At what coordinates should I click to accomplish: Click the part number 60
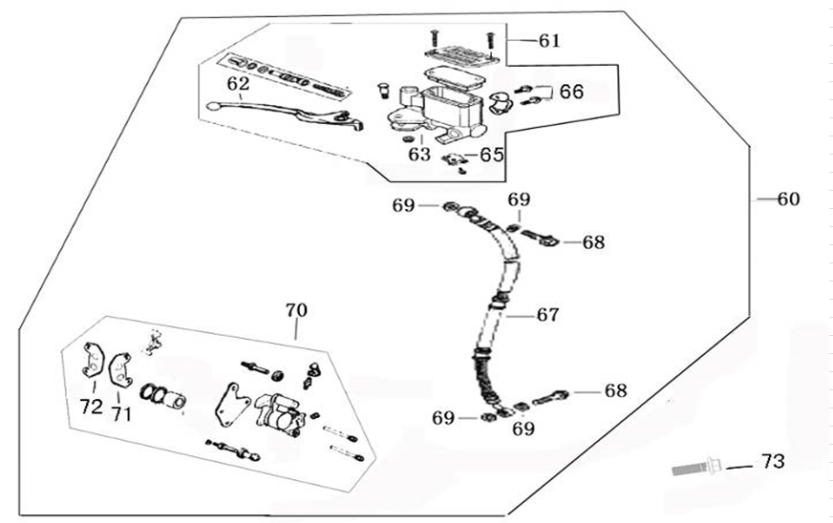click(788, 199)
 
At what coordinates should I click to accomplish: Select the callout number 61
click(549, 41)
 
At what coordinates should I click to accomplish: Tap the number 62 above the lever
click(237, 83)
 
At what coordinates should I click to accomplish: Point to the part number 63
click(419, 154)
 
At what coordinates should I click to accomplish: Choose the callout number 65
click(491, 154)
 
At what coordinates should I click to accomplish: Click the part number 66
click(571, 92)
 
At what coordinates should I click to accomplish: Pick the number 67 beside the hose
click(548, 315)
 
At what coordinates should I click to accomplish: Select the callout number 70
click(297, 310)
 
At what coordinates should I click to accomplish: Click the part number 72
click(91, 408)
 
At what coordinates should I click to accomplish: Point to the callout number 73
click(772, 463)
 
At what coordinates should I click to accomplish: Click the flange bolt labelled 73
click(695, 468)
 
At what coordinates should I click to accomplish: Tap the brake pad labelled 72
click(93, 360)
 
